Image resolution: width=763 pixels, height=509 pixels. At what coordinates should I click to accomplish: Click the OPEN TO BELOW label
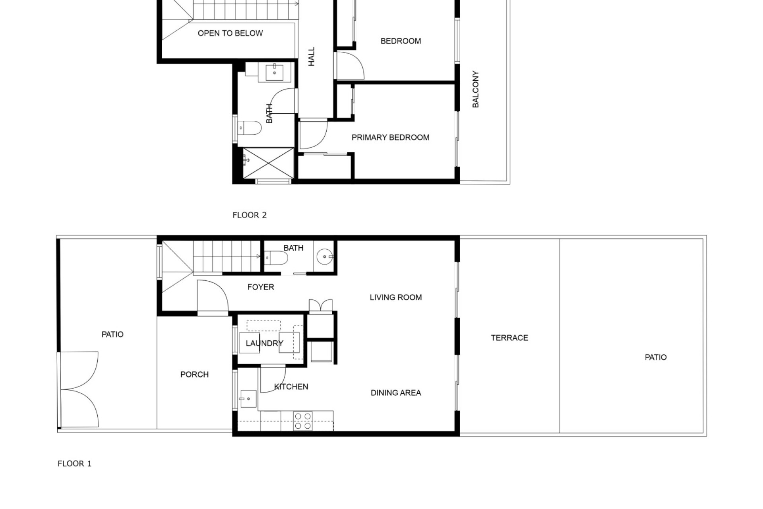230,33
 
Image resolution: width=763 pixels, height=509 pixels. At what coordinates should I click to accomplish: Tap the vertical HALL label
312,56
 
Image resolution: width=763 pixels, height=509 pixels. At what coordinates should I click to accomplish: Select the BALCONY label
475,89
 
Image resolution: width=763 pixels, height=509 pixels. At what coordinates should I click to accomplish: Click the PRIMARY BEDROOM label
390,138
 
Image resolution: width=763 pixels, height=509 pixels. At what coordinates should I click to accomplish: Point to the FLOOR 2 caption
250,215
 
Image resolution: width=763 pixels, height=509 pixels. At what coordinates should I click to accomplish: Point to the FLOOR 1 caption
74,464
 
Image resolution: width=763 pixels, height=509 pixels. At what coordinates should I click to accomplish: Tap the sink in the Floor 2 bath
275,72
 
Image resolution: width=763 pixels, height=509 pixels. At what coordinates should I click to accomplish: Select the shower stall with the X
268,163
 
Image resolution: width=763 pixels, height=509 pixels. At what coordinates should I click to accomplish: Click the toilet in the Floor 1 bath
276,258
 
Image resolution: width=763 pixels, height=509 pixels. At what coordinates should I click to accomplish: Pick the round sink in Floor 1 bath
325,257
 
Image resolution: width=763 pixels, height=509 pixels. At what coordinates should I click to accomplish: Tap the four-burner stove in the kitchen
303,421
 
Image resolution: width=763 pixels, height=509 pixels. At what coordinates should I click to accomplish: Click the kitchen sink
248,398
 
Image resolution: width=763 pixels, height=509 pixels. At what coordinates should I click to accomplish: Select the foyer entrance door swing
213,295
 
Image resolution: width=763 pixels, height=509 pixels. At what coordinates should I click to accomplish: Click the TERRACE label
509,338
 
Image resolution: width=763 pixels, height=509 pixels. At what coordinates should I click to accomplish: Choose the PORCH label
194,375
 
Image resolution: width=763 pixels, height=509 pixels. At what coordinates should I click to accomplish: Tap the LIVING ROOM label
396,297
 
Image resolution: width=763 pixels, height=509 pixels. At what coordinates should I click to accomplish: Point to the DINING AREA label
396,393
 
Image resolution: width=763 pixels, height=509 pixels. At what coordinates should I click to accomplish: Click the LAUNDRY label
264,344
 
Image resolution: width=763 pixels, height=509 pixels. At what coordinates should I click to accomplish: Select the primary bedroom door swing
314,134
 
